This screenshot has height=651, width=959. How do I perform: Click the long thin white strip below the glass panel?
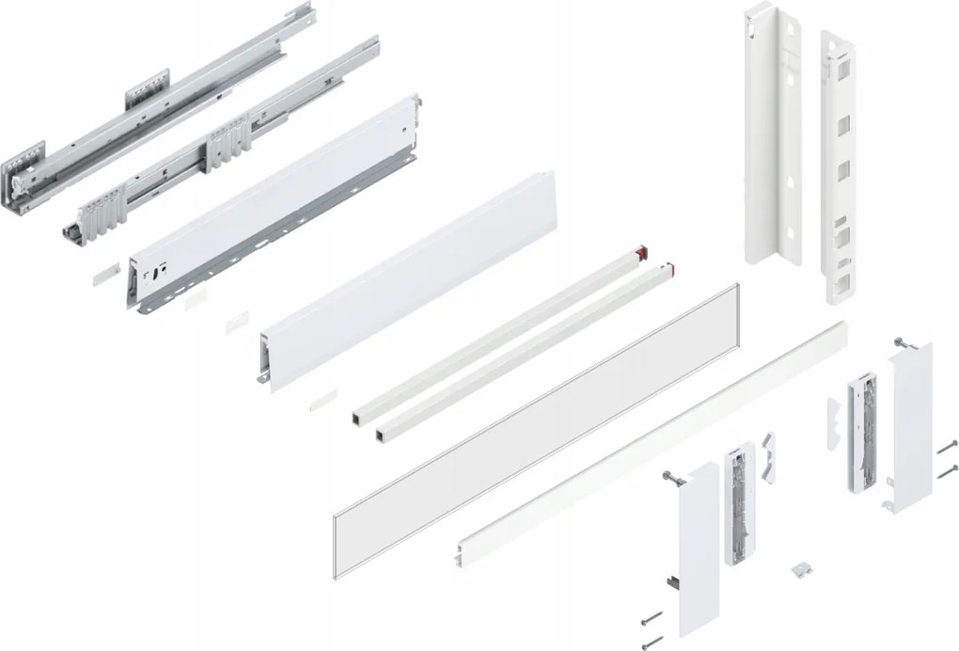[x=649, y=442]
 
